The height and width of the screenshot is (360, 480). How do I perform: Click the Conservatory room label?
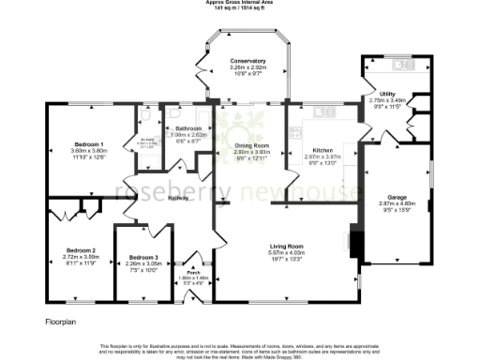248,61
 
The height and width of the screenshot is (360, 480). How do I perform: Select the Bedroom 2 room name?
82,250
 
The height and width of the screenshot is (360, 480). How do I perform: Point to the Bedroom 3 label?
143,257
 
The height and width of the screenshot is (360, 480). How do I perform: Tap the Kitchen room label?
322,150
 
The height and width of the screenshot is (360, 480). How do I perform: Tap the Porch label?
194,272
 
